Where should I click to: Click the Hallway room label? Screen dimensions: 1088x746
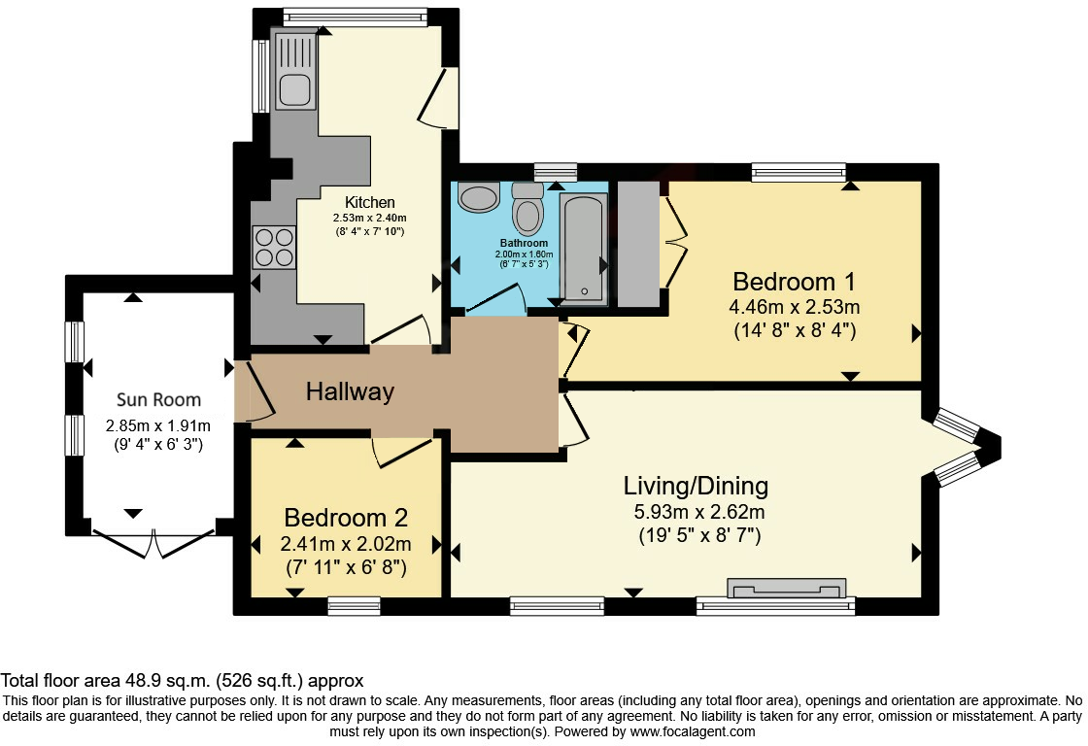[x=350, y=392]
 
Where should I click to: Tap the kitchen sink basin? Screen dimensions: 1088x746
[x=295, y=89]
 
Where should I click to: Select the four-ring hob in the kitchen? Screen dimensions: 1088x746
[x=273, y=248]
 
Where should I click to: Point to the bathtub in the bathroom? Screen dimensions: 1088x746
[x=584, y=249]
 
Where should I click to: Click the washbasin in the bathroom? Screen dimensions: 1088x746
[x=479, y=196]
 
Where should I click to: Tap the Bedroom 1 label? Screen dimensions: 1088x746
[x=794, y=282]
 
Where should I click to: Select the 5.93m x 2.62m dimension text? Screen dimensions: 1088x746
[x=699, y=512]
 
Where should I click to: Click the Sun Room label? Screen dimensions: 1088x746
[x=159, y=400]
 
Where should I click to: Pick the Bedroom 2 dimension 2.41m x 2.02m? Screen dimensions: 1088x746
[x=346, y=544]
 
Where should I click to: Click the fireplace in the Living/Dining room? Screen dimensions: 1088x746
[x=787, y=588]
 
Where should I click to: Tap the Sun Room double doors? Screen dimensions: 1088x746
[x=153, y=543]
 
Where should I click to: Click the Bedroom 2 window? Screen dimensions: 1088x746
[x=354, y=606]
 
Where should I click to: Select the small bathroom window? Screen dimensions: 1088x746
[x=556, y=171]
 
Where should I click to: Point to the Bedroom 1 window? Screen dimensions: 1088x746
[x=799, y=171]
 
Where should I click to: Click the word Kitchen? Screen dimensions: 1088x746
[x=370, y=203]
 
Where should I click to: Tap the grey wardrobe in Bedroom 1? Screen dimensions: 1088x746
[x=638, y=244]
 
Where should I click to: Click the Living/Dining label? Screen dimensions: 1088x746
[x=696, y=486]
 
